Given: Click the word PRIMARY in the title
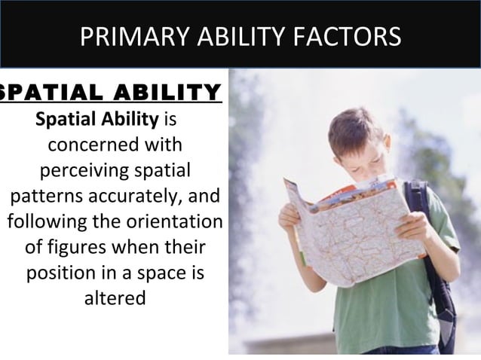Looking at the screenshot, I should point(127,35).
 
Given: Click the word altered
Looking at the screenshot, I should point(114,298).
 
